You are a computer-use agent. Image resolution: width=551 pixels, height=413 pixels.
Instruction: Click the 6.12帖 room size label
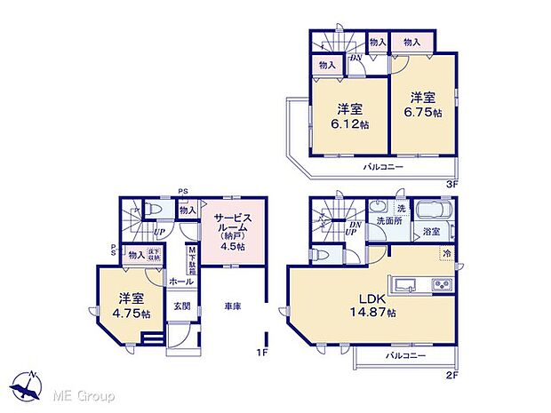[x=348, y=124]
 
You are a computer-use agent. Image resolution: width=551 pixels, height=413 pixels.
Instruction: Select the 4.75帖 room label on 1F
[x=130, y=313]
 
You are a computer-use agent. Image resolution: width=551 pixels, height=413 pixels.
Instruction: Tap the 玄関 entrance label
[x=181, y=306]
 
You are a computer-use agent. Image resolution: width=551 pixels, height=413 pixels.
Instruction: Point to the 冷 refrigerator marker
[x=446, y=252]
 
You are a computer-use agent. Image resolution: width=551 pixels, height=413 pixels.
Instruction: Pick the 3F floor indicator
[x=451, y=184]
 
